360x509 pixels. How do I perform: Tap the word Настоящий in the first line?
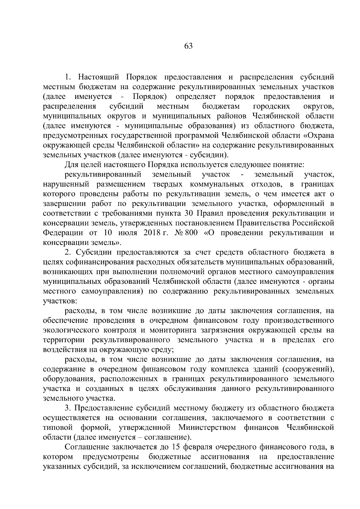pyautogui.click(x=99, y=77)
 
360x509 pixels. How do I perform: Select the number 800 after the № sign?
pyautogui.click(x=191, y=233)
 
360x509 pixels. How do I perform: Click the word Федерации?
pyautogui.click(x=63, y=233)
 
